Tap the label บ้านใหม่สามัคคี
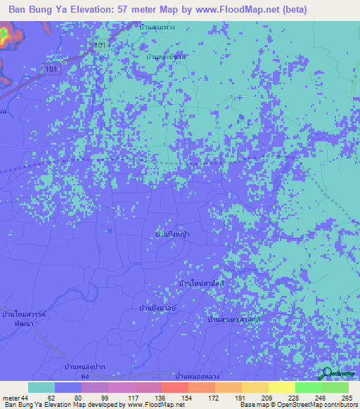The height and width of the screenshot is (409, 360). coord(202,283)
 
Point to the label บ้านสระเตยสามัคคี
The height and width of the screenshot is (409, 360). coord(235,319)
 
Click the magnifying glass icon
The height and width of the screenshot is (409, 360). coord(326,374)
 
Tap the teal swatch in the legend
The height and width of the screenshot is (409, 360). coord(41,387)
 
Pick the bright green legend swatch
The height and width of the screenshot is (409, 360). coord(308,387)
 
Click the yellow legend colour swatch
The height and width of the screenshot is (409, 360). coord(281,387)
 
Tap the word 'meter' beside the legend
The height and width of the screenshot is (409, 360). coord(11,397)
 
